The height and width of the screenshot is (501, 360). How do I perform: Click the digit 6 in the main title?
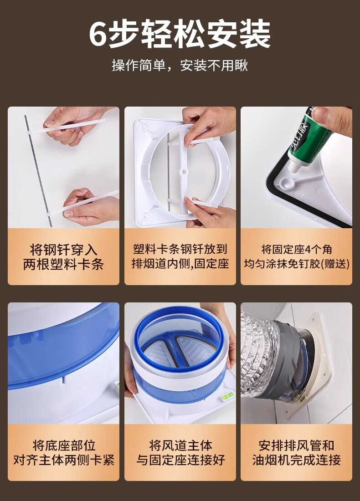coord(98,34)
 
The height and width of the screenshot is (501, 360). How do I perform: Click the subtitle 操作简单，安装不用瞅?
coord(180,66)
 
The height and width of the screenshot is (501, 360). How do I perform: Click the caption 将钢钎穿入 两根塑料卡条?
coord(63,257)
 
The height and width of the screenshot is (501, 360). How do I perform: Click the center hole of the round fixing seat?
coord(184,172)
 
